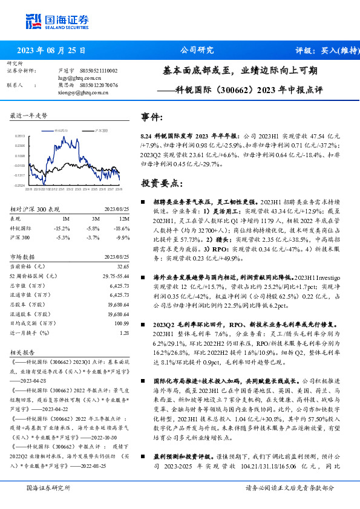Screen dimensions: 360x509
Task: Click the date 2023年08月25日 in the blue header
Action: pos(51,51)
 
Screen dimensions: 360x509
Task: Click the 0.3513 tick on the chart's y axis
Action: pos(19,137)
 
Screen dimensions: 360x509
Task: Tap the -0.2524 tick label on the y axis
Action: pos(19,186)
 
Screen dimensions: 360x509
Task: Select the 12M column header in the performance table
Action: pos(124,218)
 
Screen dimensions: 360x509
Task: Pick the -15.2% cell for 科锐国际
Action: pos(61,228)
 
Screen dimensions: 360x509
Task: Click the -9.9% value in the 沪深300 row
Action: pos(123,238)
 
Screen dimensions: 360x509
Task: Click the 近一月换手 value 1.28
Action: pos(124,333)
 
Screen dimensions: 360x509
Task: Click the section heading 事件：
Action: pos(152,117)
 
